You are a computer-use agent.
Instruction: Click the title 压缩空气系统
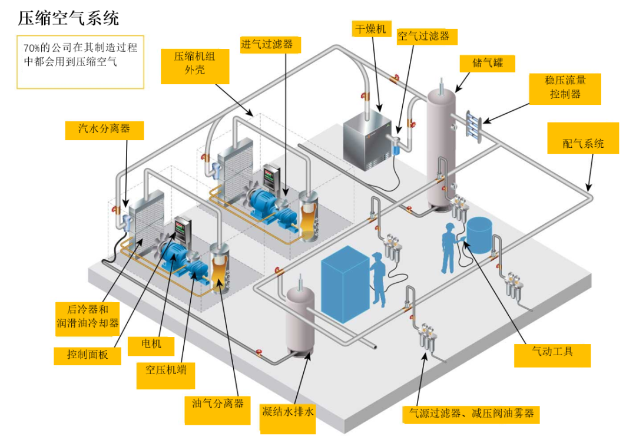(68, 18)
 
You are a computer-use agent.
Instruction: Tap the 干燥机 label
(371, 29)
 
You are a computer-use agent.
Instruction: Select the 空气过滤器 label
(427, 37)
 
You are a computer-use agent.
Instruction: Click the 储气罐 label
(487, 63)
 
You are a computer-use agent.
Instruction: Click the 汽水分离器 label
(104, 130)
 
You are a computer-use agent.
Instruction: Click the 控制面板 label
(87, 356)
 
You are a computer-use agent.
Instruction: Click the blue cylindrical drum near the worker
(479, 235)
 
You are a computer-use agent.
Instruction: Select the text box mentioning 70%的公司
(80, 62)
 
